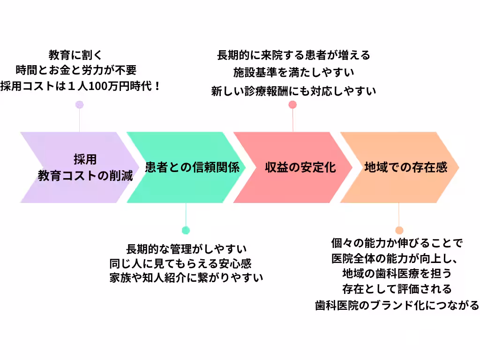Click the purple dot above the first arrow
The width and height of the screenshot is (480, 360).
(x=80, y=105)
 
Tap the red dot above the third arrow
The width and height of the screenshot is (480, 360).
(x=292, y=105)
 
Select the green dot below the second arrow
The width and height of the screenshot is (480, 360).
(x=186, y=230)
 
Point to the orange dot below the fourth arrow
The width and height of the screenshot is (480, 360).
(x=399, y=230)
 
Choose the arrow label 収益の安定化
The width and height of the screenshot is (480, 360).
(x=301, y=167)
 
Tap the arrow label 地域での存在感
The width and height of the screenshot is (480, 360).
(x=405, y=167)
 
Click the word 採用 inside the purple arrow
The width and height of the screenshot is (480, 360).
(x=85, y=159)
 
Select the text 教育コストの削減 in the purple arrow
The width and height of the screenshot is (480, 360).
(x=85, y=176)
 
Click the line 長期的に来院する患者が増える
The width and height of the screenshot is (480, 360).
(x=294, y=55)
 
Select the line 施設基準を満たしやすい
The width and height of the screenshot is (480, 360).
(x=294, y=73)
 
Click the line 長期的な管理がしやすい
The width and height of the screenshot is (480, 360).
(x=187, y=248)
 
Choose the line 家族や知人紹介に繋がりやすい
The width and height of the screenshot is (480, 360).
(x=186, y=277)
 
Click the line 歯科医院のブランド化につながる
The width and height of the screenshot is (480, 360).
(x=397, y=306)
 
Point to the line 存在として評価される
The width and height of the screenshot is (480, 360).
(x=397, y=288)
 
